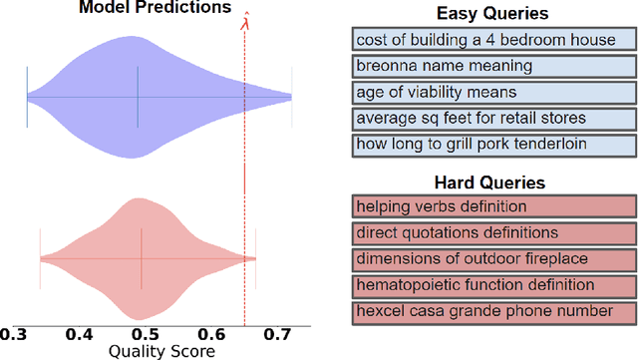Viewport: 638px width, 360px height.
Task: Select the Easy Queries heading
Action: (492, 14)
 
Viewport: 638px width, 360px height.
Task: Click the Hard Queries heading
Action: (492, 183)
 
